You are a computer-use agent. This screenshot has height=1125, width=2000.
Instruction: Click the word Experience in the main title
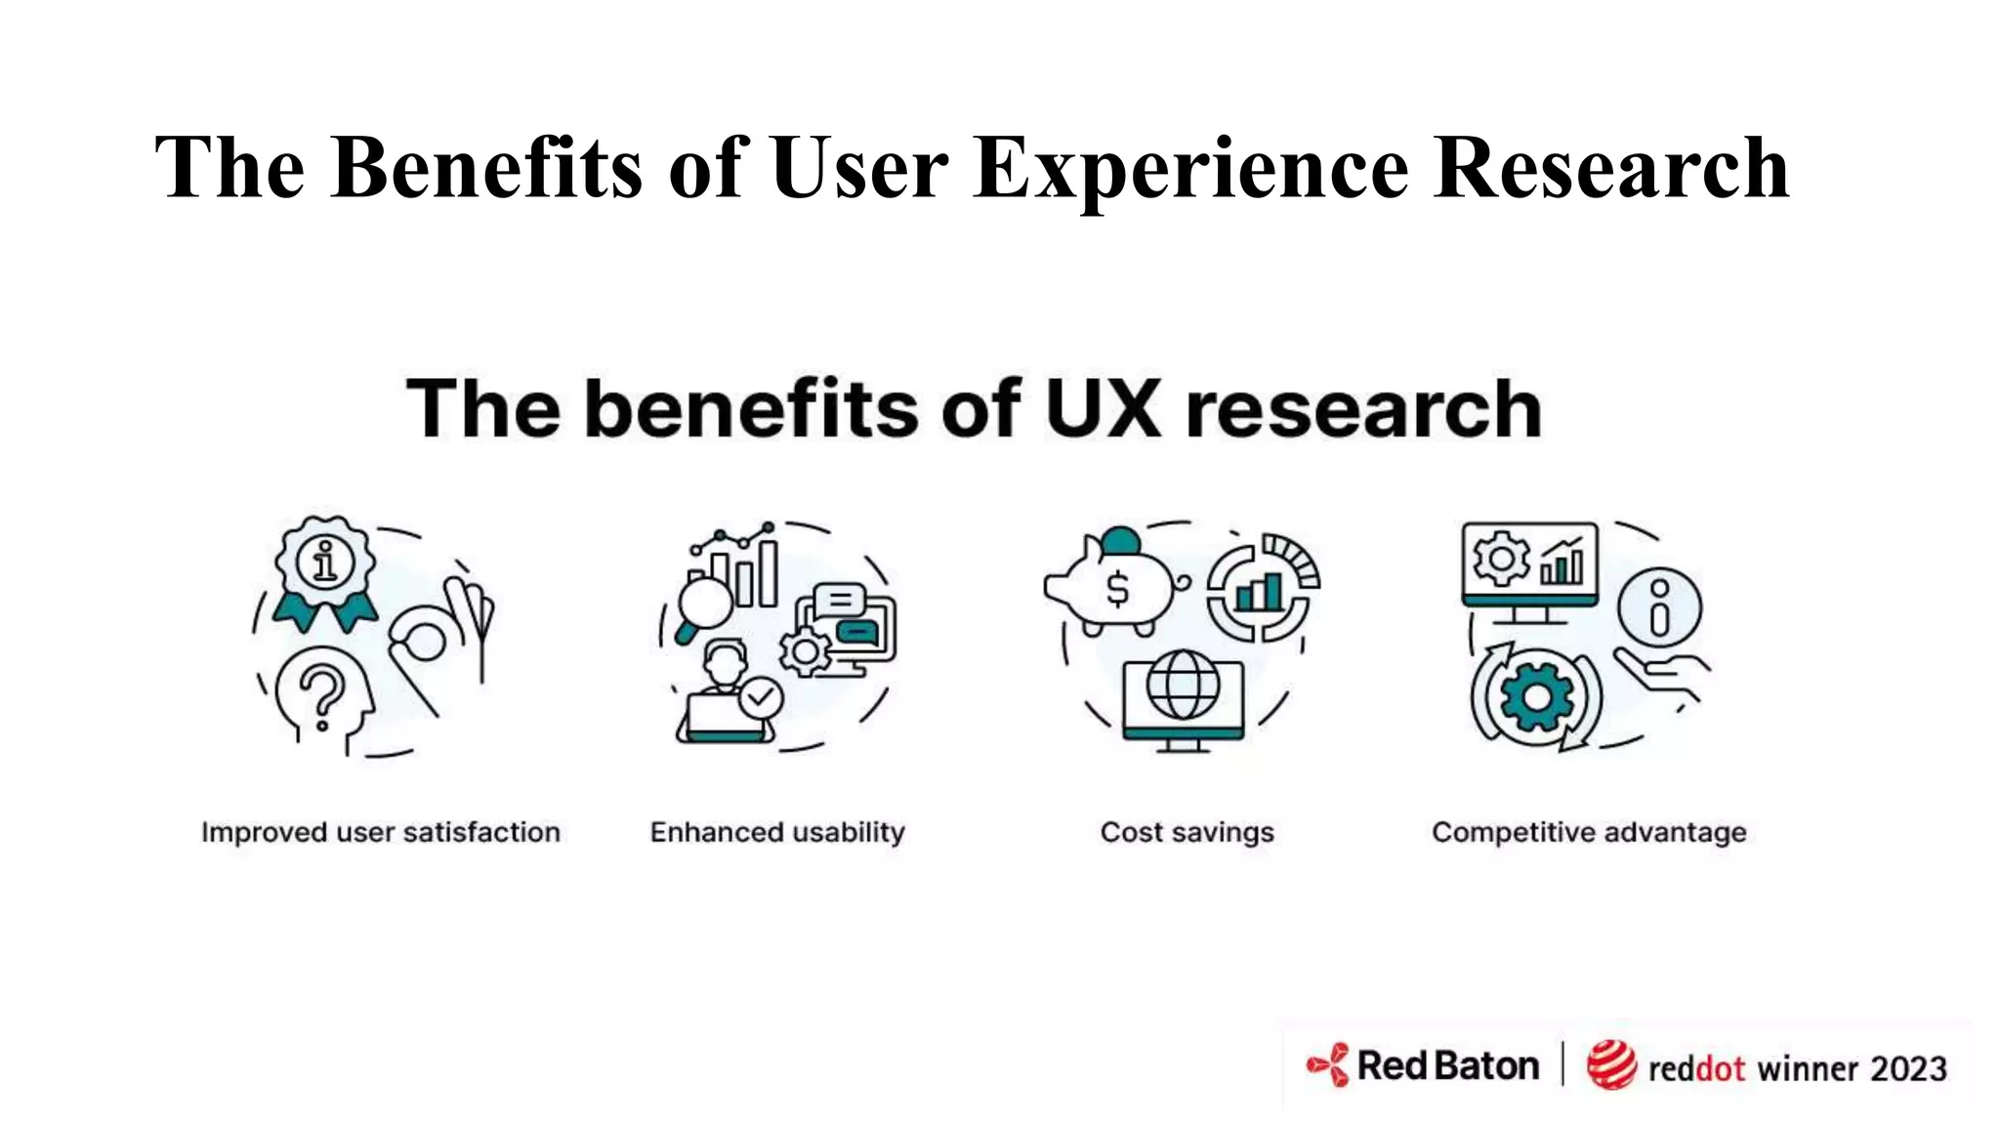coord(1190,168)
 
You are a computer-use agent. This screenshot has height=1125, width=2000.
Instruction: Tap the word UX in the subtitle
coord(1103,408)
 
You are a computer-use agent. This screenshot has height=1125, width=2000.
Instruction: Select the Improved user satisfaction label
coord(381,832)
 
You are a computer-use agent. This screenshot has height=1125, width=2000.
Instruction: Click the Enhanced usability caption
coord(777,832)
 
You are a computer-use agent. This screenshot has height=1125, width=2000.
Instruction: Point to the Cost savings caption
coord(1187,832)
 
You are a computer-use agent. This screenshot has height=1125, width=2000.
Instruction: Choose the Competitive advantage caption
coord(1589,832)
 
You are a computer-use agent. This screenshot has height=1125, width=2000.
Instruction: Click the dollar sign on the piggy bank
coord(1117,590)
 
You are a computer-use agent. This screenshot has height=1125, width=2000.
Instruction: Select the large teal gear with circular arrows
coord(1536,695)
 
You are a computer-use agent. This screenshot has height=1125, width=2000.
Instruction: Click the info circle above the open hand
coord(1659,607)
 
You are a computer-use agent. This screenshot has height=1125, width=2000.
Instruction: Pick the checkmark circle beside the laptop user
coord(761,697)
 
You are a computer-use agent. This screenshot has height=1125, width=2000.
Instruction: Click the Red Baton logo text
coord(1447,1066)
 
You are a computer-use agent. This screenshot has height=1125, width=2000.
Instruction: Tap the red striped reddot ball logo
coord(1610,1065)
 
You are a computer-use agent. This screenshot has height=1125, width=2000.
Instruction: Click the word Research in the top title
coord(1611,168)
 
